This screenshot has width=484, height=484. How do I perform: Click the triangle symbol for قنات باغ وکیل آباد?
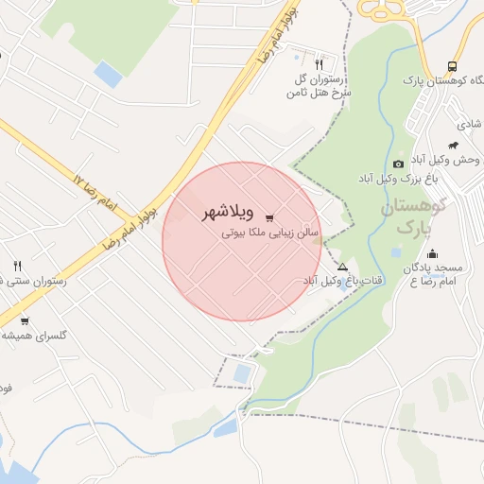342,268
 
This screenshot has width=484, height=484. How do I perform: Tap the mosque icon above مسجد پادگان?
432,252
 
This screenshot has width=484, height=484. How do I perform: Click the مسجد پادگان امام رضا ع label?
438,275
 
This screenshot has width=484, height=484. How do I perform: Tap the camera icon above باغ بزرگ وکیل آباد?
397,164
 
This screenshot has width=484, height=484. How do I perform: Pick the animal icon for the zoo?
454,146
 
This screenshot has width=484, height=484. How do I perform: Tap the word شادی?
470,124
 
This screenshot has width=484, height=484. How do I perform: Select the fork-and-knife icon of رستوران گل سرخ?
319,64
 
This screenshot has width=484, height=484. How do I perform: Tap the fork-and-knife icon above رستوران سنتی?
17,266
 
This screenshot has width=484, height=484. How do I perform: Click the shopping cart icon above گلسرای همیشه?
25,320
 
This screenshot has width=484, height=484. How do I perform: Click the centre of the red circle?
241,241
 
